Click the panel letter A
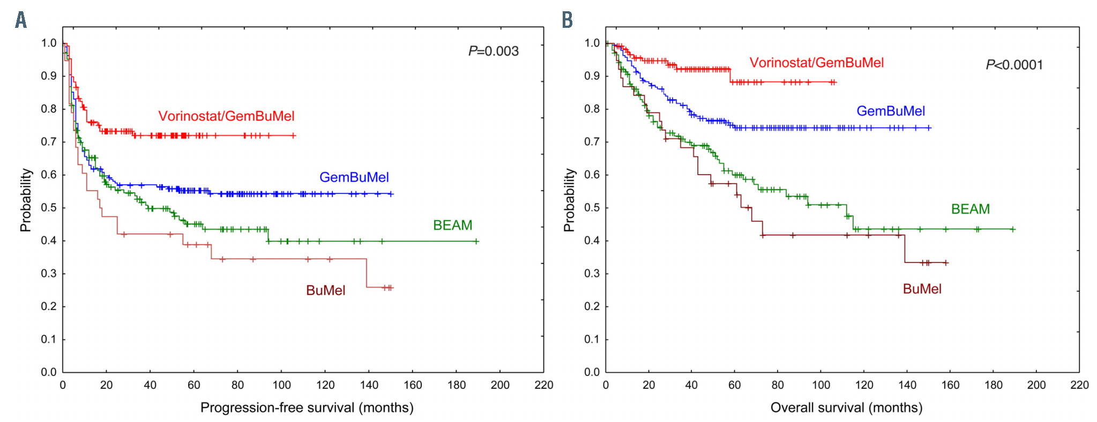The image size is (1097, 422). pyautogui.click(x=21, y=20)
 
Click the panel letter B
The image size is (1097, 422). pyautogui.click(x=567, y=20)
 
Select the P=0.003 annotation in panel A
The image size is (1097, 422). pyautogui.click(x=493, y=51)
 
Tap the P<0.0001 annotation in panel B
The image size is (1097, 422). pyautogui.click(x=1014, y=65)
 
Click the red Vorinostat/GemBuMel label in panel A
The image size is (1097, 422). pyautogui.click(x=226, y=116)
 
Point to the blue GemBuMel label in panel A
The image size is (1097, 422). pyautogui.click(x=354, y=177)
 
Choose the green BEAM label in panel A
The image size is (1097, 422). pyautogui.click(x=452, y=225)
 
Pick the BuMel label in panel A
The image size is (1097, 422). pyautogui.click(x=325, y=290)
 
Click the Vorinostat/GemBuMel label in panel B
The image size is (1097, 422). pyautogui.click(x=816, y=63)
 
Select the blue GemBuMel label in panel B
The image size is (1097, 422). pyautogui.click(x=890, y=111)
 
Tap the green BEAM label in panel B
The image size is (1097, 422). pyautogui.click(x=970, y=209)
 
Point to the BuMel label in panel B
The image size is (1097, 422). pyautogui.click(x=922, y=289)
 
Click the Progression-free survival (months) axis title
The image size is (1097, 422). pyautogui.click(x=307, y=408)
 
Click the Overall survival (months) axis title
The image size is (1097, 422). pyautogui.click(x=846, y=408)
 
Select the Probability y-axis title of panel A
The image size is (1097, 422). pyautogui.click(x=26, y=200)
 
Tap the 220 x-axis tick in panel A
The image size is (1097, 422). pyautogui.click(x=543, y=385)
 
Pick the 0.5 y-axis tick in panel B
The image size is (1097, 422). pyautogui.click(x=592, y=208)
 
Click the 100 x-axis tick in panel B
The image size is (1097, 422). pyautogui.click(x=821, y=385)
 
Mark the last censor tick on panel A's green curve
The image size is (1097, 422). pyautogui.click(x=476, y=242)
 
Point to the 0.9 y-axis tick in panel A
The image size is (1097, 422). pyautogui.click(x=49, y=76)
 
